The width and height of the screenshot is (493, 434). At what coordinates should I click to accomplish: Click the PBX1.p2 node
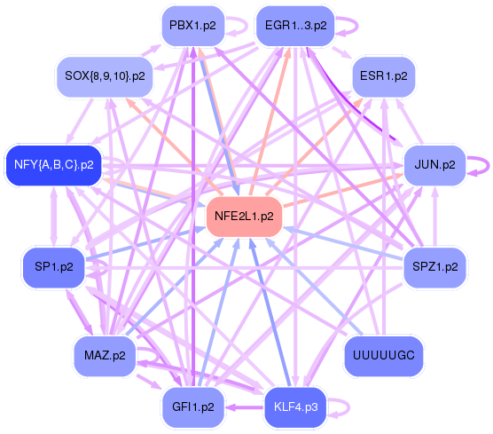point(193,26)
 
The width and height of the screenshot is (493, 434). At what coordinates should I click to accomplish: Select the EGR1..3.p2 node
point(295,26)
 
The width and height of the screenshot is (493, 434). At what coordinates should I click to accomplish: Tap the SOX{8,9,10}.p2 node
point(105,76)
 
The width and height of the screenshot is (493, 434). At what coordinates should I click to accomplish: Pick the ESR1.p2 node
point(384,76)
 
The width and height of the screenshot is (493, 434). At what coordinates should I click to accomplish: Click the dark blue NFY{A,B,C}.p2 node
point(54,165)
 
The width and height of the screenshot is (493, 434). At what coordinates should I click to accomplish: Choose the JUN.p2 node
point(434,165)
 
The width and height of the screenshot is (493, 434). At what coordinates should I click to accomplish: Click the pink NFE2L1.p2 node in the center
point(244,217)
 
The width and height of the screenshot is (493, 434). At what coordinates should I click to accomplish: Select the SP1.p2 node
point(54,267)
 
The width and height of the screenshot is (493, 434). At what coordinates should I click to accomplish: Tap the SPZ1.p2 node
point(434,267)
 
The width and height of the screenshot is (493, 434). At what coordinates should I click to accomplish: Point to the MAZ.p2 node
point(105,356)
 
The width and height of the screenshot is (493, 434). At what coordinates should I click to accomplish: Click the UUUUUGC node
point(384,356)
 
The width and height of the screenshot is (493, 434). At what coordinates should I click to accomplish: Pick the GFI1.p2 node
point(193,407)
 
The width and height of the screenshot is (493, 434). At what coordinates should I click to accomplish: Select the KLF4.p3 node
point(295,407)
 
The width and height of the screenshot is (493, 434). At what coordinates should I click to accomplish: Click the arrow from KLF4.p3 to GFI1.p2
point(245,407)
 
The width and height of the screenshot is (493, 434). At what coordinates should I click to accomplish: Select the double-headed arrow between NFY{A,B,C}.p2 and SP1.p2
point(54,217)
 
